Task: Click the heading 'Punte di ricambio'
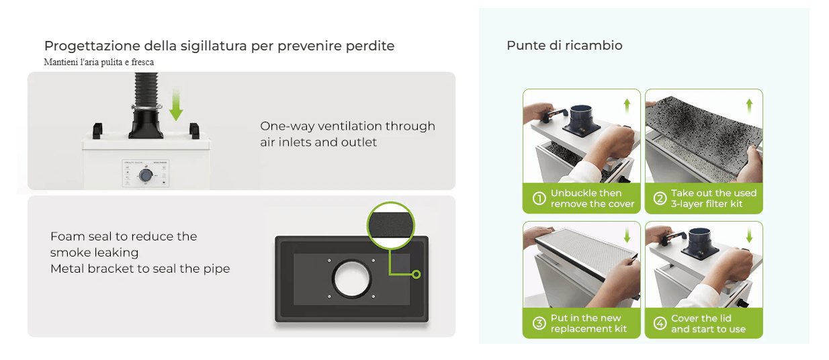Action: [564, 46]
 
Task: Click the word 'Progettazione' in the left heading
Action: [91, 46]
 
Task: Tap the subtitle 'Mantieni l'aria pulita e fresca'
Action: [99, 62]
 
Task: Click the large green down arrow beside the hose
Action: [176, 105]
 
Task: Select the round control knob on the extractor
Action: [144, 175]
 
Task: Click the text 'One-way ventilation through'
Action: [347, 126]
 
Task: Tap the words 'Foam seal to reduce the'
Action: [124, 236]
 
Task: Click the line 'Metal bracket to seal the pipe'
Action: [140, 269]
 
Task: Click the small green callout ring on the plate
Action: [416, 274]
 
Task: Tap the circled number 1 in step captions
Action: [539, 198]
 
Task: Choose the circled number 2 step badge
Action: [660, 198]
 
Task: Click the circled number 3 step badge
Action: [539, 323]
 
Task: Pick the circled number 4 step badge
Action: [660, 323]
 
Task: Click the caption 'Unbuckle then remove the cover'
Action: [592, 198]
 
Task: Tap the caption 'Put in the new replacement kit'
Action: [588, 323]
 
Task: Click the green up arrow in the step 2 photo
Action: [749, 105]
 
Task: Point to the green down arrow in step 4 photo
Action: [749, 236]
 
